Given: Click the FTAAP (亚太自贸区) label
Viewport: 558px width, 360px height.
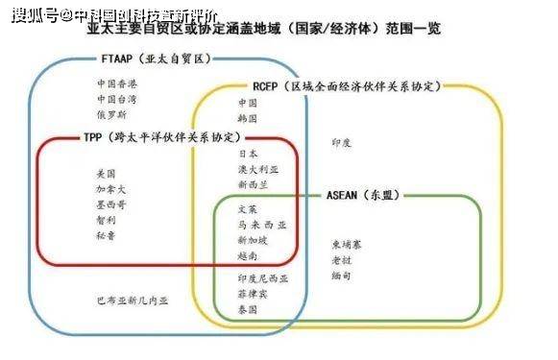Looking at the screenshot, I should coord(155,60).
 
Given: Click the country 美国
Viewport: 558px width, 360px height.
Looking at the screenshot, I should coord(106,174).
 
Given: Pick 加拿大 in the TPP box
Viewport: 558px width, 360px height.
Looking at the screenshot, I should coord(111,189).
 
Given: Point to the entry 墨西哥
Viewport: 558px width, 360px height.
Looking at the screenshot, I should coord(111,204).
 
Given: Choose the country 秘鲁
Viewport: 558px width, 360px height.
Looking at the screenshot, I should coord(106,235).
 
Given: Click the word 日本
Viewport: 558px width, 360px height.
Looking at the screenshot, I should coord(247,153).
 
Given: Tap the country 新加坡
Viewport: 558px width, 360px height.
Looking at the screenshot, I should coord(252,240).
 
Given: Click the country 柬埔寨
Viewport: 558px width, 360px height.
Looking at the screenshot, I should coord(347,244).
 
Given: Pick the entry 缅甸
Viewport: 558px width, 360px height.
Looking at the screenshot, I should coord(341,275).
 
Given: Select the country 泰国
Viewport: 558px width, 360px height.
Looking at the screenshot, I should coord(247,310).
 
